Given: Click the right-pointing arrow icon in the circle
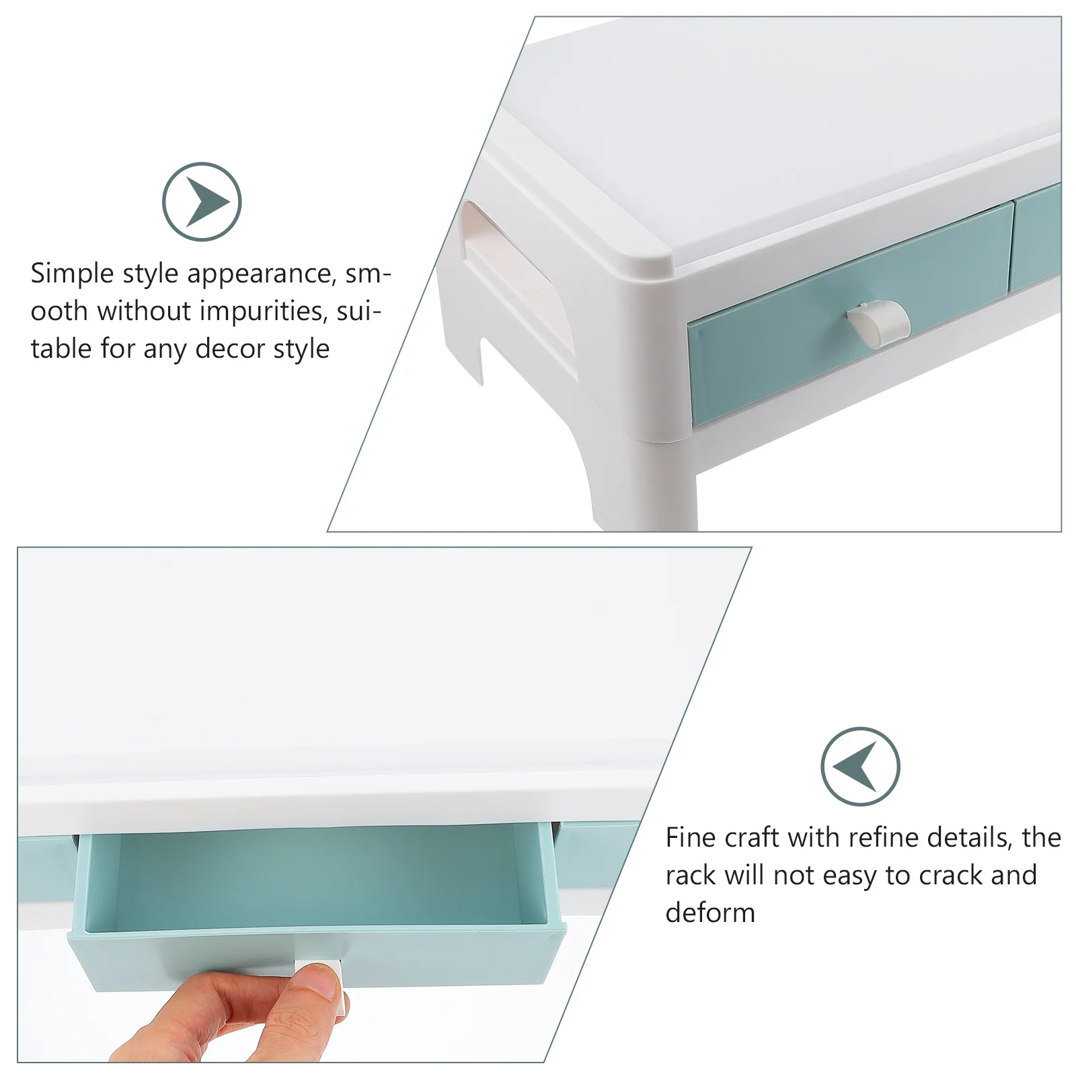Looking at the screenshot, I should [x=202, y=202].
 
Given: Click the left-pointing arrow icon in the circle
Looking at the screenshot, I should [x=860, y=766].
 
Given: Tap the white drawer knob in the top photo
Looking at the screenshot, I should [x=878, y=323].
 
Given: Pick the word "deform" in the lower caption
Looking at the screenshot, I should [x=710, y=913].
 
